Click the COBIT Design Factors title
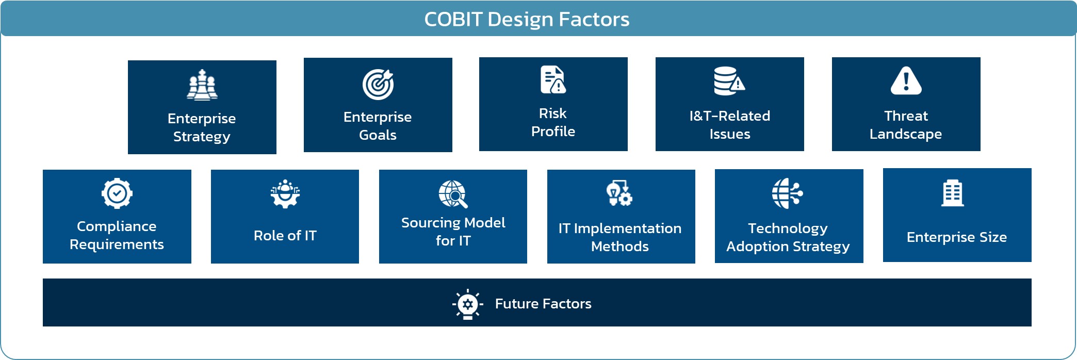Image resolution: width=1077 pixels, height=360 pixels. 527,19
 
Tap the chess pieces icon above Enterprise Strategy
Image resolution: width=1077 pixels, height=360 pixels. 202,85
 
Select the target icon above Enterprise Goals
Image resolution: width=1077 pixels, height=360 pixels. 378,84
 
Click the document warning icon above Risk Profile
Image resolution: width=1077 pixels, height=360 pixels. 553,79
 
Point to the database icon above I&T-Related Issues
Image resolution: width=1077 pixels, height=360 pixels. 729,81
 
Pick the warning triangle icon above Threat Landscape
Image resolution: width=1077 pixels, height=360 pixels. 906,81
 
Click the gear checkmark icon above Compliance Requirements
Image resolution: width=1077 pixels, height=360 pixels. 117,193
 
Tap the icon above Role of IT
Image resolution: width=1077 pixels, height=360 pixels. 285,194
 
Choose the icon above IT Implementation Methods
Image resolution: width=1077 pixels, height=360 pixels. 619,193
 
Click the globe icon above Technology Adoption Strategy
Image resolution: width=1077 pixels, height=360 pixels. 788,193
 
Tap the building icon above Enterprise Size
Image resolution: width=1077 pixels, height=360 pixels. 953,193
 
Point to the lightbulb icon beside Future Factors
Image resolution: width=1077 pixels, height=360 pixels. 468,304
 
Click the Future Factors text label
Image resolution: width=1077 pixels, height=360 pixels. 543,304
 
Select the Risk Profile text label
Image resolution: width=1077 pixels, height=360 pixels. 553,122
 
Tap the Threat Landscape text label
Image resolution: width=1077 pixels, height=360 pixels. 906,125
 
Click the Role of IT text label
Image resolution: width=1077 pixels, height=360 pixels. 285,236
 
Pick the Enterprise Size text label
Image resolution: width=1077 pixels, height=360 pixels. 957,237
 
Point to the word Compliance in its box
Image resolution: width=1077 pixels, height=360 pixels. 117,227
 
